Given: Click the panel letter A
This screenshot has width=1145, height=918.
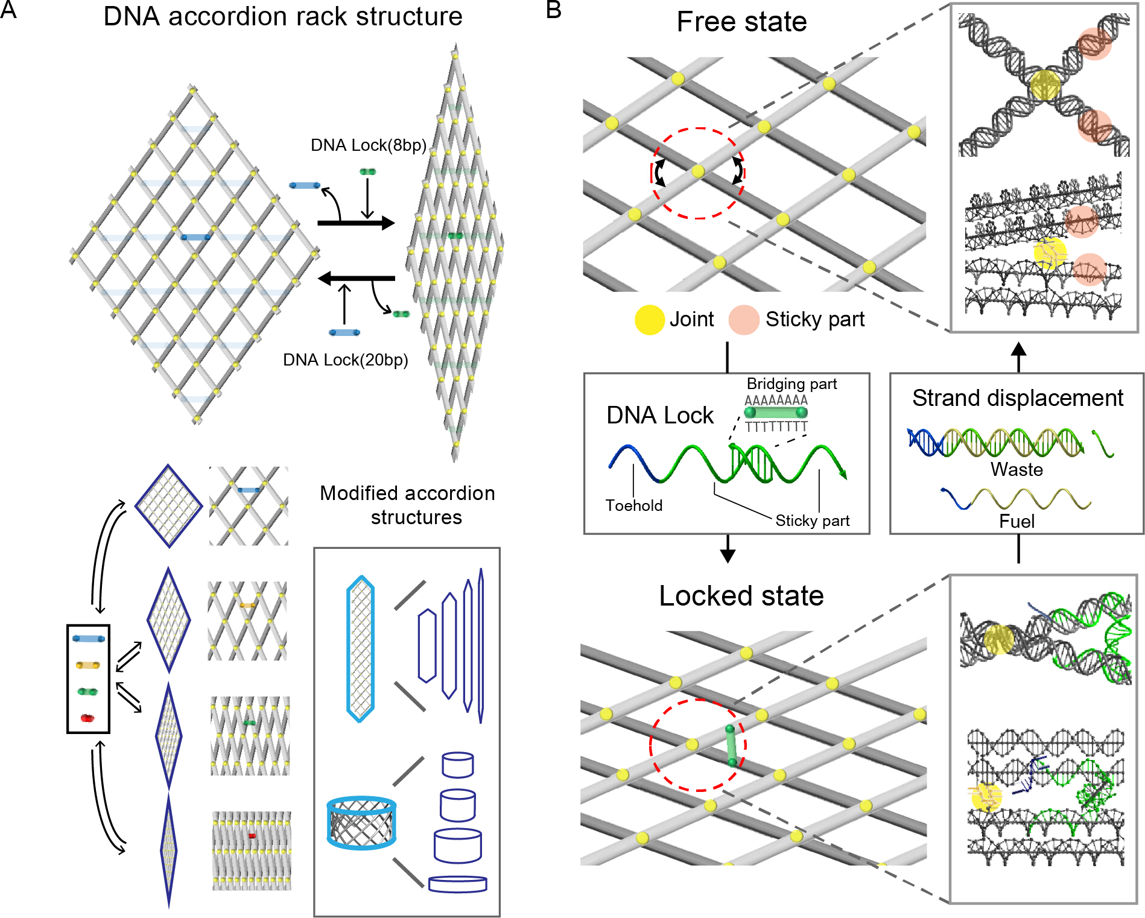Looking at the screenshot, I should [x=8, y=10].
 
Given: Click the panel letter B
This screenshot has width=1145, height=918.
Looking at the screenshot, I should [x=553, y=10].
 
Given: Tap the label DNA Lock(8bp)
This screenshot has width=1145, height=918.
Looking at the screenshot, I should [x=368, y=145].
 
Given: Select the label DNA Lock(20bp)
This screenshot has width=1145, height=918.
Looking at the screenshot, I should [x=345, y=360].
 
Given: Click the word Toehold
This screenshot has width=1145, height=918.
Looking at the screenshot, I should [x=633, y=505].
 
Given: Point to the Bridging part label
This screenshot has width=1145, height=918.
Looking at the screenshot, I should [x=791, y=384].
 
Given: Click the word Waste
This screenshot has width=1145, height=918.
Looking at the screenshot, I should [x=1017, y=469].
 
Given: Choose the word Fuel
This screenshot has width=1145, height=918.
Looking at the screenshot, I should [x=1017, y=521].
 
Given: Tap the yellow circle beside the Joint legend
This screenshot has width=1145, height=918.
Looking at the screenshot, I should [x=649, y=320].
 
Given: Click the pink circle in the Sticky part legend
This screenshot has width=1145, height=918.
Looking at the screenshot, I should [x=743, y=320].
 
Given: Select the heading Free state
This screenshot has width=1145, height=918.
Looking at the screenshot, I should [x=741, y=22].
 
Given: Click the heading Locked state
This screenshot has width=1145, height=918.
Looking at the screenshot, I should [x=741, y=596].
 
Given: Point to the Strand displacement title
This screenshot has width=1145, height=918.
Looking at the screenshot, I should [x=1017, y=398].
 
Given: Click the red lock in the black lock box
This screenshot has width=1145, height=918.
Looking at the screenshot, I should [x=87, y=718].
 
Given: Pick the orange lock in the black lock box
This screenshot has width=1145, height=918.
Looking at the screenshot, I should [x=87, y=665].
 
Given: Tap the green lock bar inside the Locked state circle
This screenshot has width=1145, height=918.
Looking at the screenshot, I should [x=731, y=746].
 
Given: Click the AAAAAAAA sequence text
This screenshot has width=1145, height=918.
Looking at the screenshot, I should [x=776, y=400].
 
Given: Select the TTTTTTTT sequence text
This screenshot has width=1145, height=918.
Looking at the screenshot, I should [x=776, y=427].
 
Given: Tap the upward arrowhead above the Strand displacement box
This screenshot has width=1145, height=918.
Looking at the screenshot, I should [x=1018, y=349].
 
